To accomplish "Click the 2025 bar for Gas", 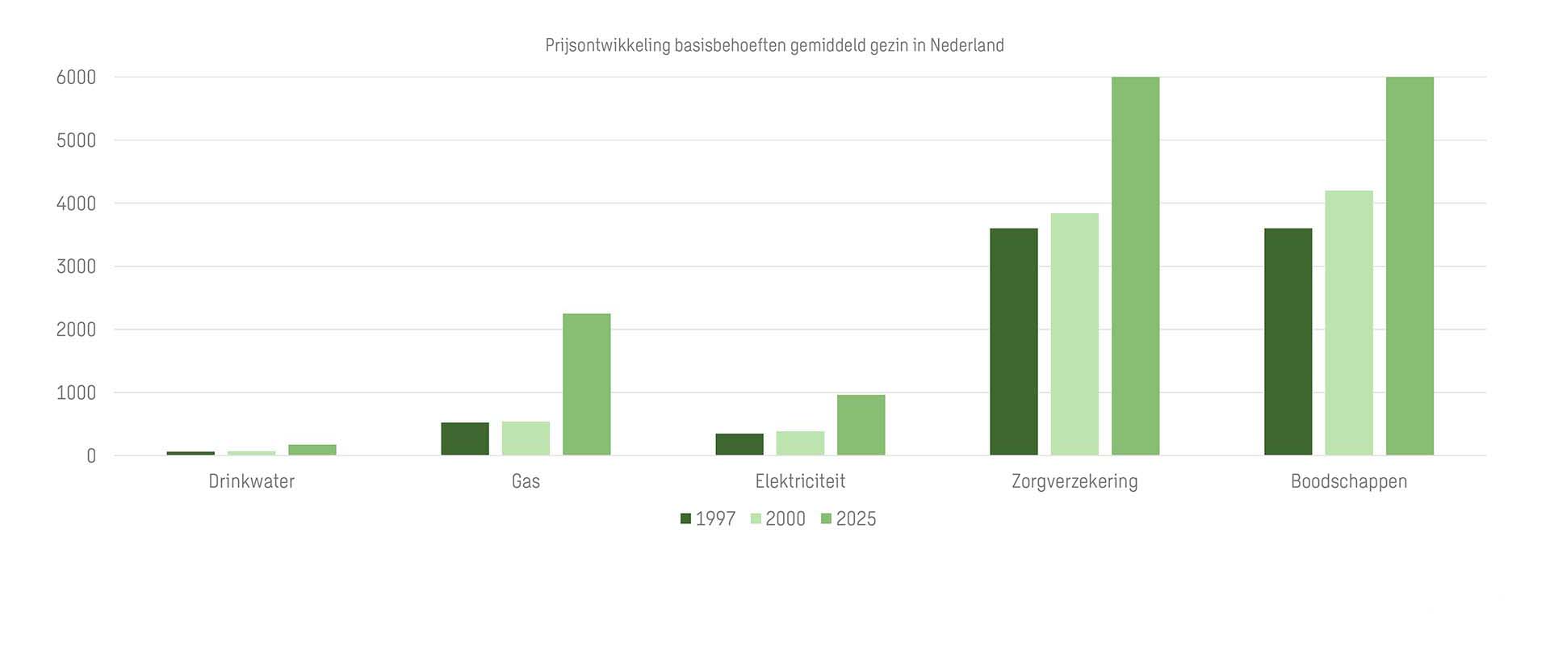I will click(x=586, y=384).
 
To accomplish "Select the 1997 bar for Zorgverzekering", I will click(x=1013, y=342).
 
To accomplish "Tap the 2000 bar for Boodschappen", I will click(x=1348, y=323).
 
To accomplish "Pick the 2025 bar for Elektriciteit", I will click(x=861, y=425).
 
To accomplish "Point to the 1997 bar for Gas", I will click(x=464, y=439).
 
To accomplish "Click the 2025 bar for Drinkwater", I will click(x=312, y=450).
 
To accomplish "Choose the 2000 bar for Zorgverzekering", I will click(x=1075, y=334).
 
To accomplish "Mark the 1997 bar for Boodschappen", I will click(x=1288, y=342).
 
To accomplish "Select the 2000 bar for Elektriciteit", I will click(x=800, y=443).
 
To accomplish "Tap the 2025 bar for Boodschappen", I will click(x=1410, y=267).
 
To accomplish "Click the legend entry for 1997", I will click(x=708, y=519).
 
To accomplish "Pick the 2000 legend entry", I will click(x=778, y=519).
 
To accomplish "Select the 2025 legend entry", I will click(x=848, y=519).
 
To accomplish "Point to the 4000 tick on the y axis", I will click(x=76, y=204).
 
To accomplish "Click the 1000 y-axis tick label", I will click(x=76, y=393).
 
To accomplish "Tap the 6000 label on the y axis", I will click(x=76, y=78).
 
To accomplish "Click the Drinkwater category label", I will click(x=251, y=481).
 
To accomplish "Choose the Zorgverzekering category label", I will click(x=1075, y=481).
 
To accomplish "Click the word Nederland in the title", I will click(x=966, y=45).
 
